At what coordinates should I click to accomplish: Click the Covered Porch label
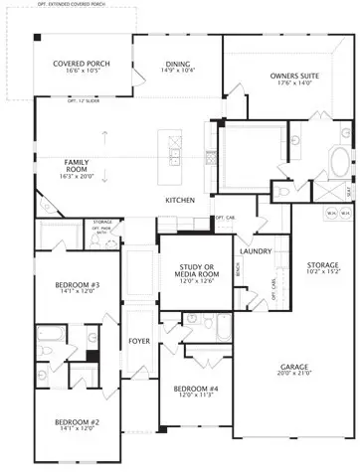(83, 64)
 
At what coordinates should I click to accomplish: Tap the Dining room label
(178, 65)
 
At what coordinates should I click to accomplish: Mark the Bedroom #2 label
(76, 421)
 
